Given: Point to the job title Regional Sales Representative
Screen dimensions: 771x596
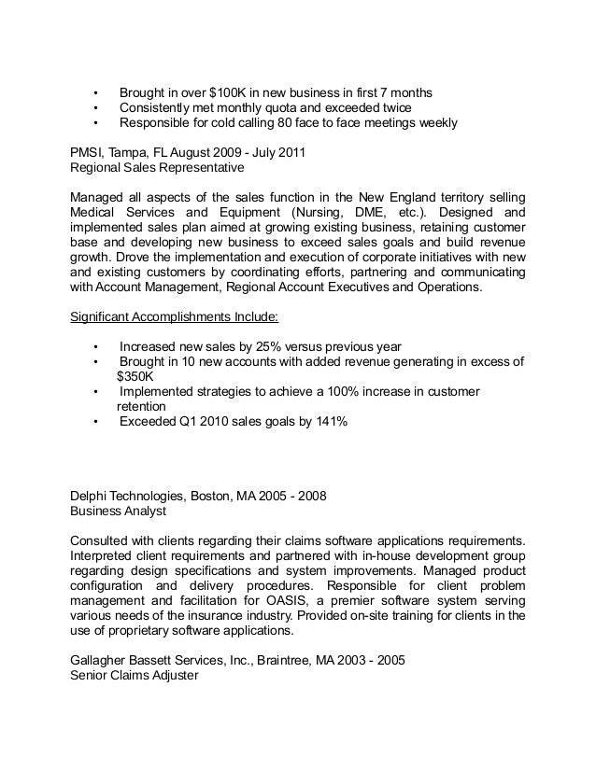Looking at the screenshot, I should (x=157, y=168).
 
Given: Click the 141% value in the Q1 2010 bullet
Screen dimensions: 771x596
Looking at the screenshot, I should (x=329, y=422).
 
